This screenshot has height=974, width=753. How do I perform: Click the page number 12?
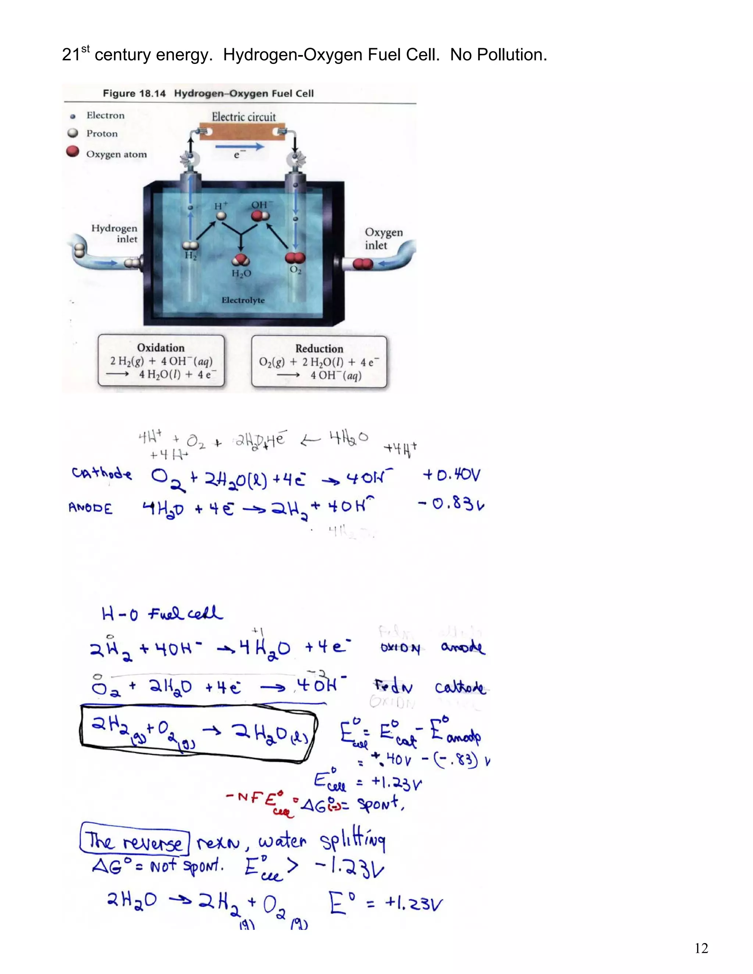[701, 948]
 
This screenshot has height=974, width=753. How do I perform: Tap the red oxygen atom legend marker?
[72, 152]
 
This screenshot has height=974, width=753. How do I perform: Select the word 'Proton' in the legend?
[102, 133]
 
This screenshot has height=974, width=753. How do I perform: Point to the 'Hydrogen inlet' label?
[115, 233]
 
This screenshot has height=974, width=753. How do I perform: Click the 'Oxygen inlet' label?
[383, 239]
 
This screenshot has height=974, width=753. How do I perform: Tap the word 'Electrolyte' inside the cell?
[243, 300]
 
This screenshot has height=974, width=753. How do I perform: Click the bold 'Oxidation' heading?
[161, 347]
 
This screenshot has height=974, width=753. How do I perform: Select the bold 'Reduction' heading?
[319, 348]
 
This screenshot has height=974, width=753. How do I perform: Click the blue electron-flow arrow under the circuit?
[240, 146]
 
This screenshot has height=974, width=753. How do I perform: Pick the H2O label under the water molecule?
[241, 273]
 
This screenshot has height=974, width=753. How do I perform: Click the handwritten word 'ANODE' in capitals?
[90, 508]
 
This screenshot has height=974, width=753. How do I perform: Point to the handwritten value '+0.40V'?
[452, 475]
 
